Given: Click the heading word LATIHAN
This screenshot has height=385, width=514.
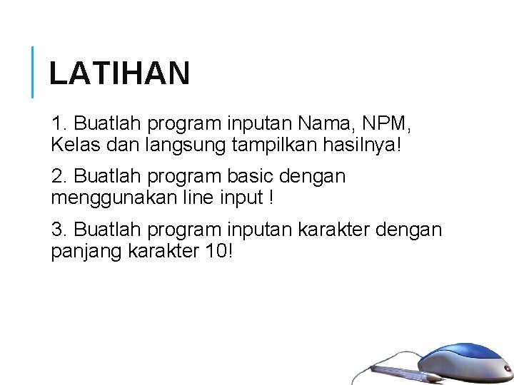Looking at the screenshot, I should click(119, 73).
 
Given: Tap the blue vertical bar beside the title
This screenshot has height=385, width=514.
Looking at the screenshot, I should click(33, 71).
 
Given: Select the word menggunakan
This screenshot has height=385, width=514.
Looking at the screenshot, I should click(112, 197).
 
